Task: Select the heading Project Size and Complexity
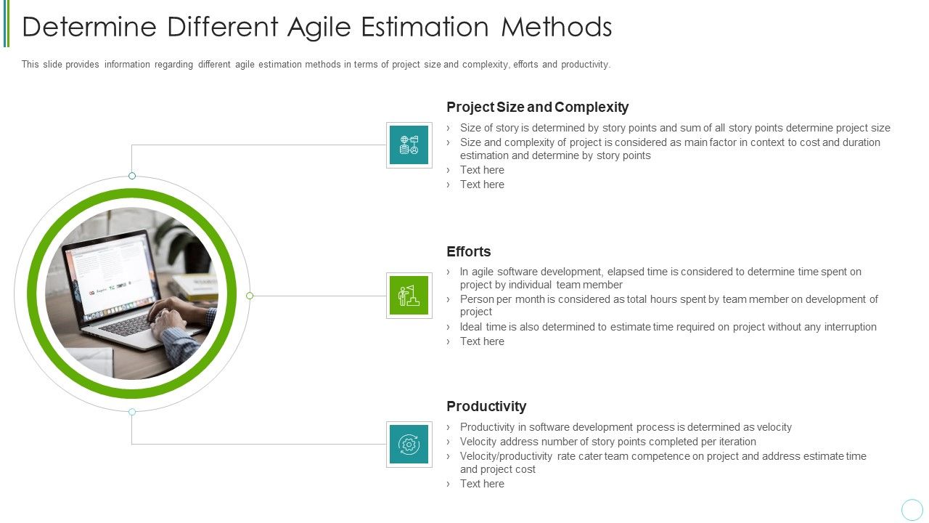[537, 107]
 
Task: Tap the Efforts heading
[468, 251]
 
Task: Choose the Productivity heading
[486, 406]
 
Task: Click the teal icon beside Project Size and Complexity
[409, 145]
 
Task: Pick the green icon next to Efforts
[409, 296]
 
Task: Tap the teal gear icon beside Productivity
[409, 445]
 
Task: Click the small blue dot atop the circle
[132, 176]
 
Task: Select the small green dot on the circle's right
[250, 296]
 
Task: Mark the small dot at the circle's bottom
[132, 412]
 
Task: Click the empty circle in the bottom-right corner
[912, 509]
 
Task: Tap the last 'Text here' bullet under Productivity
[482, 484]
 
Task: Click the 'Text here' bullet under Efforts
[482, 341]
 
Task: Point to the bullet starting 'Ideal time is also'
[668, 327]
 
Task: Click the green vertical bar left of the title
[7, 23]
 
